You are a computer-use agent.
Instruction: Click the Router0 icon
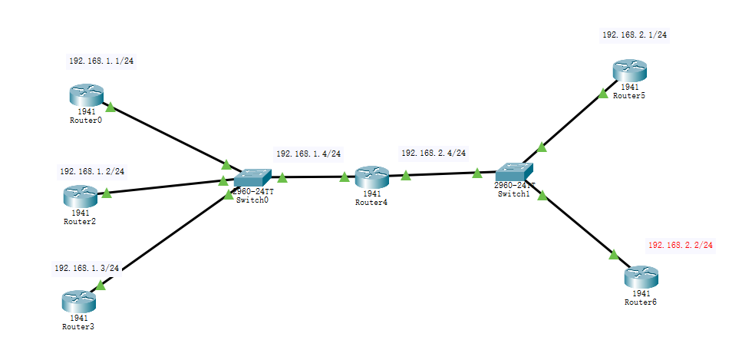(x=85, y=95)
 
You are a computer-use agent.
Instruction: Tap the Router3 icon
(x=77, y=301)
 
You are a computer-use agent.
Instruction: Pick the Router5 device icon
(x=631, y=71)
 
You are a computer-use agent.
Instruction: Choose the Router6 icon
(x=641, y=277)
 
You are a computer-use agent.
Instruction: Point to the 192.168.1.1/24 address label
(x=101, y=61)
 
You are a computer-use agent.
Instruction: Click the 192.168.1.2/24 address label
(x=91, y=171)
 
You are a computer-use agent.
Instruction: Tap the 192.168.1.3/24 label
(x=86, y=269)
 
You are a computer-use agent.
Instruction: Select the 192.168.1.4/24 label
(x=308, y=154)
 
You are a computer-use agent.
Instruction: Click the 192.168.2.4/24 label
(x=433, y=154)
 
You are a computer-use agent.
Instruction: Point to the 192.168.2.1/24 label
(x=634, y=35)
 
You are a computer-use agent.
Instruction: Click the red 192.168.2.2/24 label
(x=681, y=246)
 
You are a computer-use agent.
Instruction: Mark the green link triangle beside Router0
(x=110, y=107)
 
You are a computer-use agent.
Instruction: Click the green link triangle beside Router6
(x=614, y=254)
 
